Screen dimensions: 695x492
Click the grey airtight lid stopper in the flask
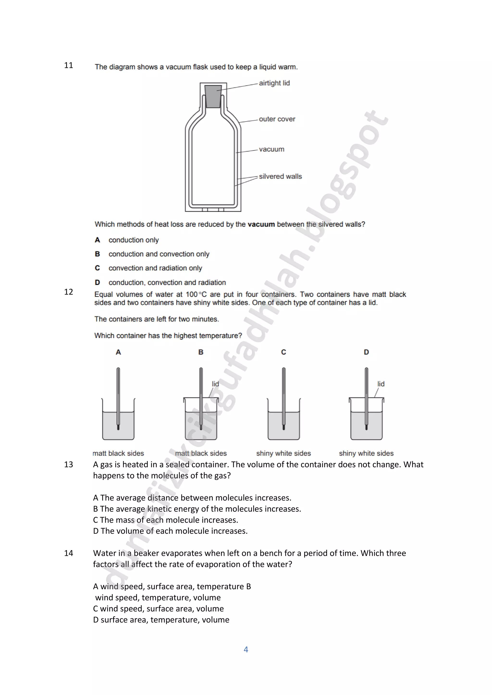tap(213, 96)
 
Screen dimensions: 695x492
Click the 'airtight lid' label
tap(274, 83)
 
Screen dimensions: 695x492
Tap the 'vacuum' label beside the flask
tap(271, 149)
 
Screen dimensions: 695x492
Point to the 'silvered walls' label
tap(280, 176)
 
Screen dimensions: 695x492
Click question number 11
tap(68, 65)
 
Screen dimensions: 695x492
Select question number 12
tap(68, 292)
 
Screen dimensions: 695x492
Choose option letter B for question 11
tap(97, 254)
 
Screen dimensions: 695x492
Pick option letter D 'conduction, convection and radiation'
tap(97, 282)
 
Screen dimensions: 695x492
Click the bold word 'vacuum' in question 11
tap(261, 224)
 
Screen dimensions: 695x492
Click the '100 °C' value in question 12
tap(196, 294)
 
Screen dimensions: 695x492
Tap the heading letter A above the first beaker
tap(118, 352)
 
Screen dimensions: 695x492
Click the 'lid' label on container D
tap(381, 384)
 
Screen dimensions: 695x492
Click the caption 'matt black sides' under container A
tap(118, 453)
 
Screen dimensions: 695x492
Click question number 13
tap(68, 464)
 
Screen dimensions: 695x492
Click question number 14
tap(68, 553)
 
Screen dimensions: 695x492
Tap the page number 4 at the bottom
tap(246, 649)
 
